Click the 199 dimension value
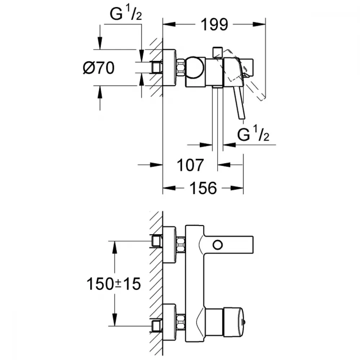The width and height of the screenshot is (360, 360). point(214,24)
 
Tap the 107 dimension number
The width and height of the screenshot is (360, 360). point(190,165)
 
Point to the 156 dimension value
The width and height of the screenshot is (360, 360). point(203,188)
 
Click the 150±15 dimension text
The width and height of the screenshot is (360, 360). point(113,284)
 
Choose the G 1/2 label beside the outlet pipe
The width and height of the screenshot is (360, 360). point(254,136)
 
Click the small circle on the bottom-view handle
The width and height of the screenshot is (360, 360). point(217,245)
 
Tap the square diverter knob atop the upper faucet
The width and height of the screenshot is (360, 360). point(217,52)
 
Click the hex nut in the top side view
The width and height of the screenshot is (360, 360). point(181,68)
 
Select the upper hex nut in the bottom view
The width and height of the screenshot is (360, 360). point(181,245)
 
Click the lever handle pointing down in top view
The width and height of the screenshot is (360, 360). point(240,103)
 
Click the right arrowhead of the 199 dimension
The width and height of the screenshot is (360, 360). point(261,24)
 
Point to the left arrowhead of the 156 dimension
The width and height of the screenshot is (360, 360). point(167,188)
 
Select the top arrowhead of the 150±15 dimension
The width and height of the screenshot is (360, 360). point(114,246)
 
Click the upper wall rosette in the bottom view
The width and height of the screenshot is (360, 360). point(170,245)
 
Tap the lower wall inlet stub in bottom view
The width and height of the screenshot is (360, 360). point(156,327)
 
